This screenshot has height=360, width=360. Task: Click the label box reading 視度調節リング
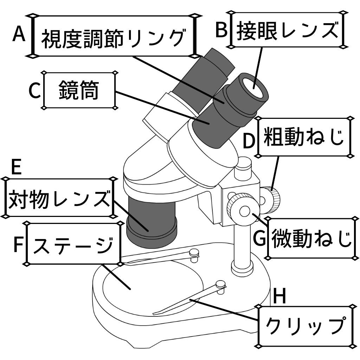(x=113, y=36)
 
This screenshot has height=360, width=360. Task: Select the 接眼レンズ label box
(x=287, y=30)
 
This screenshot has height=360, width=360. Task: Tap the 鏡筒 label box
(x=79, y=91)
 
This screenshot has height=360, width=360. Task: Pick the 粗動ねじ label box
(x=304, y=137)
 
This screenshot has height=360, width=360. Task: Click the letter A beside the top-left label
(x=19, y=34)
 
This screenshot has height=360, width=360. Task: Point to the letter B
(x=222, y=30)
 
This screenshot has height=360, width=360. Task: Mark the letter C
(x=35, y=91)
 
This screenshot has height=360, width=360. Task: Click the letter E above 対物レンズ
(x=16, y=168)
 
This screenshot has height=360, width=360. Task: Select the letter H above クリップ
(x=280, y=297)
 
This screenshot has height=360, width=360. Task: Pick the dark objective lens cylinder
(x=151, y=220)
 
